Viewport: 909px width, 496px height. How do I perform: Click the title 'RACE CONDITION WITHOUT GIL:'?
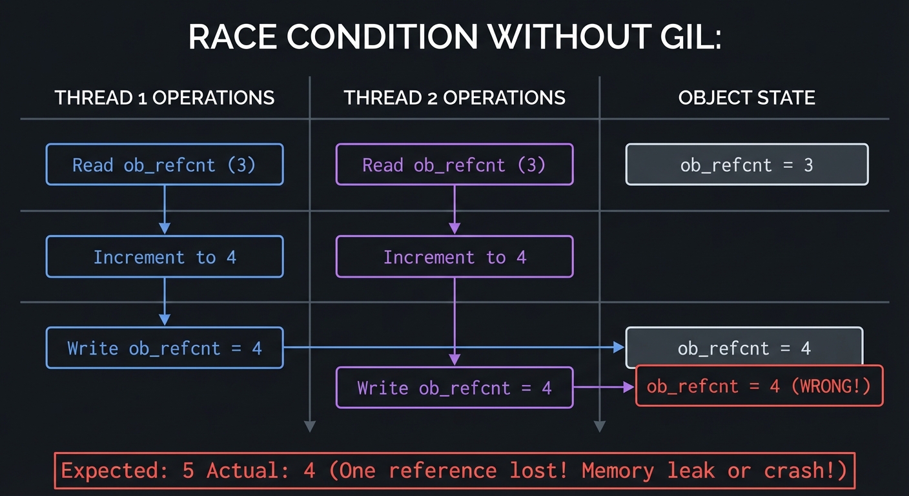(454, 38)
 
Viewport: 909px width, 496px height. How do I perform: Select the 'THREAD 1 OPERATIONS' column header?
(165, 98)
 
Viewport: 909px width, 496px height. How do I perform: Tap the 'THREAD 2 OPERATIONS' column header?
(454, 98)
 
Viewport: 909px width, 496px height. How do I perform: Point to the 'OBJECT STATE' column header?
(746, 98)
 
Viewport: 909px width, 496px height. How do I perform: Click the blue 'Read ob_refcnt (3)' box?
(165, 165)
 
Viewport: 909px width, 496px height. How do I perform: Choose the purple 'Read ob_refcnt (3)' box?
(454, 165)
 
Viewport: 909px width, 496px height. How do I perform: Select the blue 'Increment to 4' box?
(165, 257)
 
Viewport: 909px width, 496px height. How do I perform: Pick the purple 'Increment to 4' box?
(454, 257)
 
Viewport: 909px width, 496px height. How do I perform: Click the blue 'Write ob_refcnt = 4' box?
(165, 348)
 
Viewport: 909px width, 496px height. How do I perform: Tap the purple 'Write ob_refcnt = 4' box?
(454, 387)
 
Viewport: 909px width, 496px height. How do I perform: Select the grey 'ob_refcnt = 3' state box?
(746, 165)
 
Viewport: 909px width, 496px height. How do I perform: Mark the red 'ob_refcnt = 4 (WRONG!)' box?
(759, 386)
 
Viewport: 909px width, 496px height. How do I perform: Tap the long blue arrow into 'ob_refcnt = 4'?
(452, 347)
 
